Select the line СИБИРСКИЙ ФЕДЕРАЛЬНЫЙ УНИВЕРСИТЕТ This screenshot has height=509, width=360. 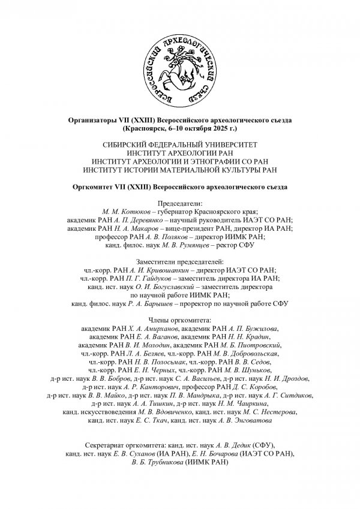[180, 145]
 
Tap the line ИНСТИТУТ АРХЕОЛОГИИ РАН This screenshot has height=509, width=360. [180, 153]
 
